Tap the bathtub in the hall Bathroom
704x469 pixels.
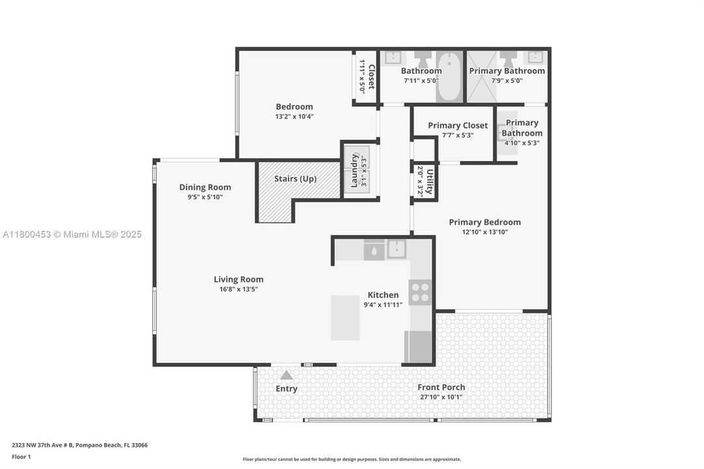tap(449, 77)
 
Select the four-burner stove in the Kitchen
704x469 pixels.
tap(420, 291)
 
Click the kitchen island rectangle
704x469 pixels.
tap(345, 318)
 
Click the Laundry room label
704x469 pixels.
tap(354, 170)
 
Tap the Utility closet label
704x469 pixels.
tap(429, 181)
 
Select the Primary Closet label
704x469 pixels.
tap(458, 126)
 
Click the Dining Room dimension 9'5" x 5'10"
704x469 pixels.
tap(205, 197)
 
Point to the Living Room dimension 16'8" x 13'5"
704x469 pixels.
tap(238, 289)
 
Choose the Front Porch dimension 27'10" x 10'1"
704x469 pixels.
tap(442, 397)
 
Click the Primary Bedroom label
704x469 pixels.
tap(485, 222)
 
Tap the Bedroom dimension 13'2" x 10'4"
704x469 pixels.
tap(294, 117)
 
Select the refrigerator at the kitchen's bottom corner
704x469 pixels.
tap(419, 347)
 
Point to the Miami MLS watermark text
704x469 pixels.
tap(71, 234)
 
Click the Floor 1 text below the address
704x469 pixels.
tap(21, 457)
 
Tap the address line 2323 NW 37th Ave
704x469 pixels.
tap(79, 445)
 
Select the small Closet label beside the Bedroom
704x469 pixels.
tap(371, 76)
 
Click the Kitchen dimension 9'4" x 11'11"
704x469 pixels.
tap(383, 305)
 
